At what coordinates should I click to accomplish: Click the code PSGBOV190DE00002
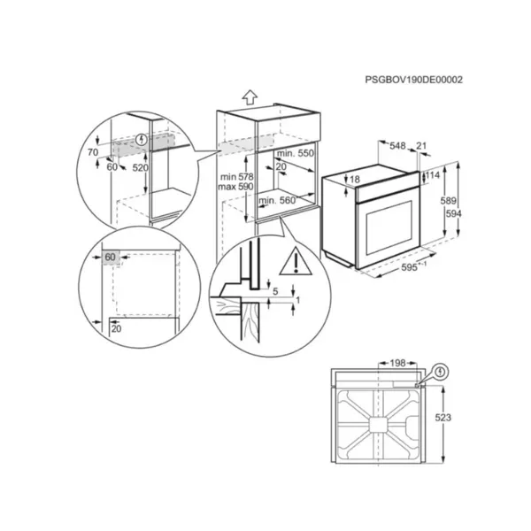pyautogui.click(x=413, y=80)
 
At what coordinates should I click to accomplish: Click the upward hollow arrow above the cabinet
pyautogui.click(x=250, y=97)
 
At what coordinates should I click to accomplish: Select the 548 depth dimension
pyautogui.click(x=397, y=146)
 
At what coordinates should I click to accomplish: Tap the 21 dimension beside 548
pyautogui.click(x=421, y=146)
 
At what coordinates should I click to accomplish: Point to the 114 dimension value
pyautogui.click(x=433, y=175)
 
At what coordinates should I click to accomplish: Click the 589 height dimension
pyautogui.click(x=448, y=201)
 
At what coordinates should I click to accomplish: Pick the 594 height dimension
pyautogui.click(x=453, y=213)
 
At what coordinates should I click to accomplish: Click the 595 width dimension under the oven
pyautogui.click(x=413, y=266)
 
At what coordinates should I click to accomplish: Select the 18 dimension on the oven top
pyautogui.click(x=355, y=179)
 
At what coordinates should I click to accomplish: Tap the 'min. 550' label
pyautogui.click(x=296, y=153)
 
